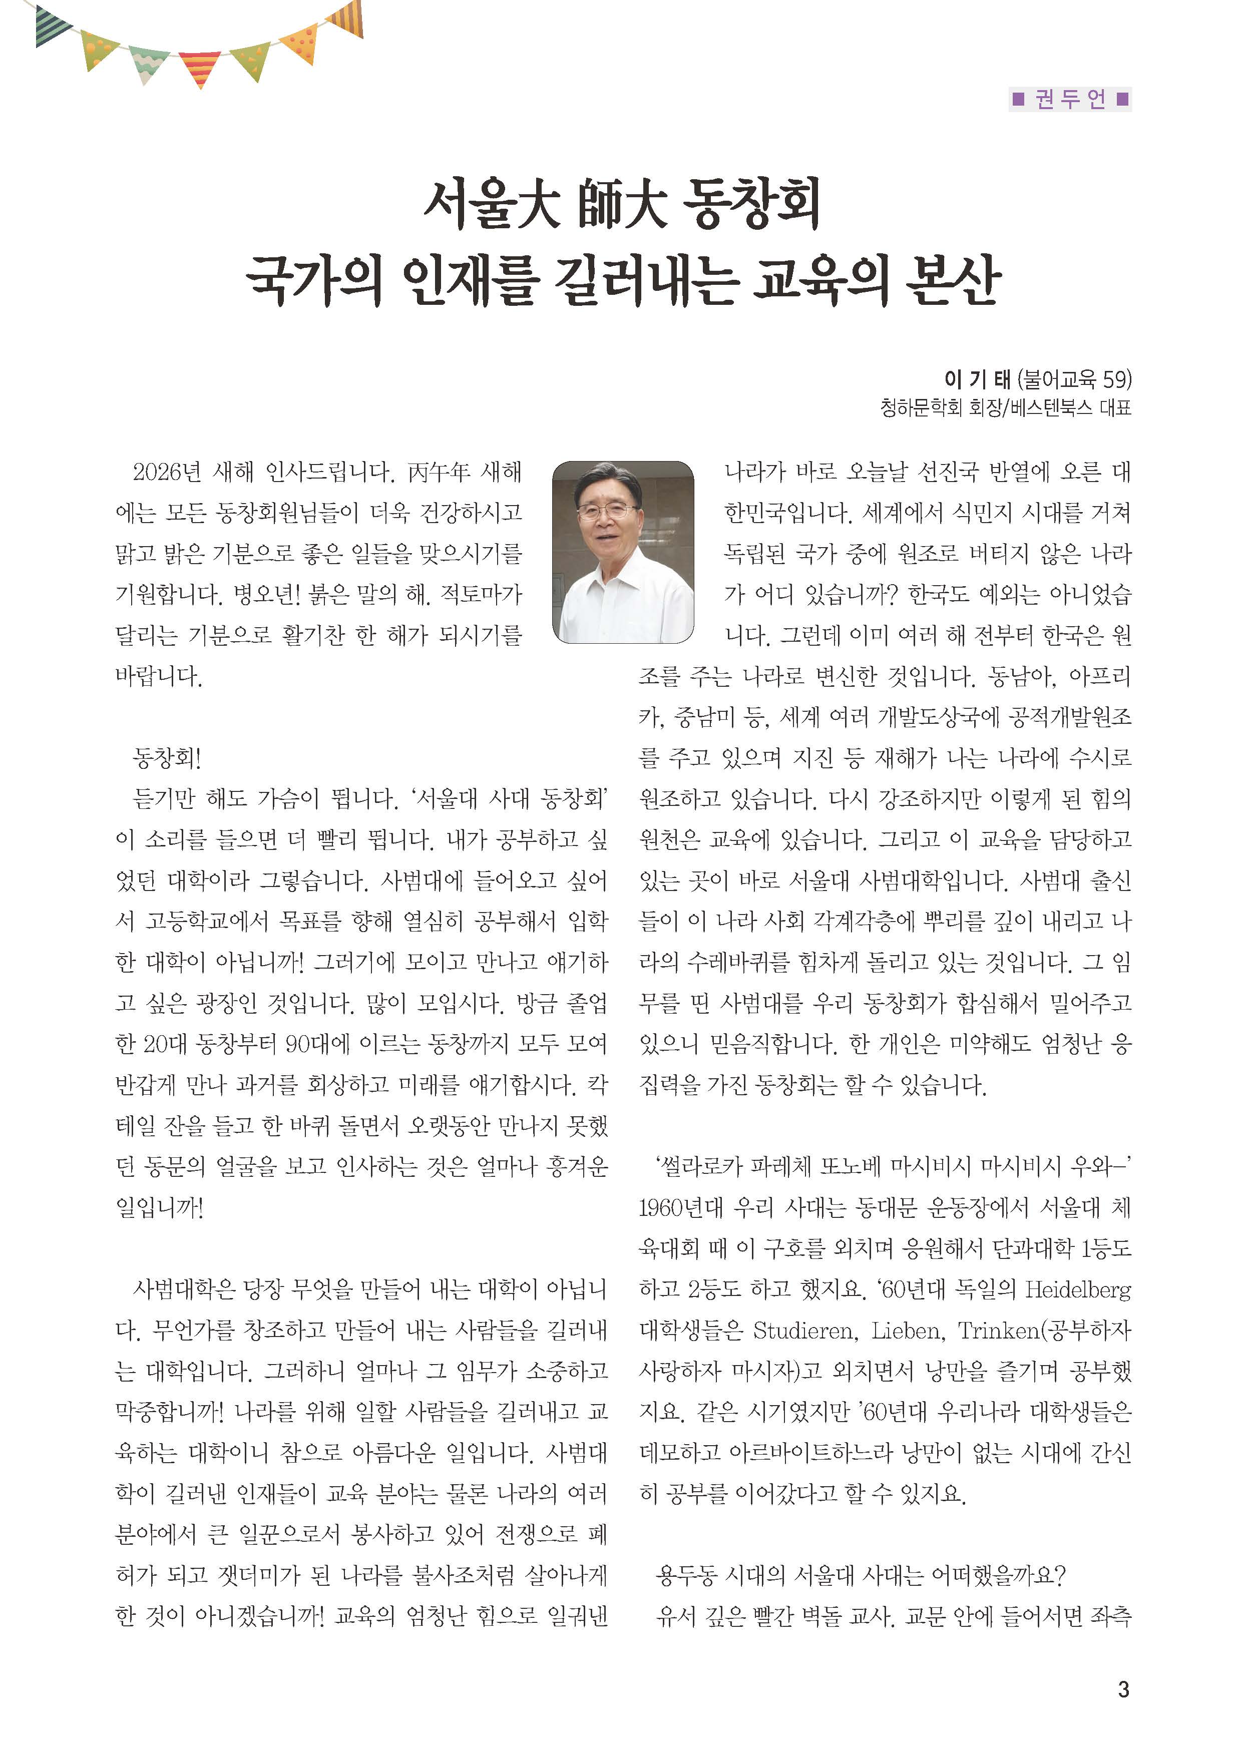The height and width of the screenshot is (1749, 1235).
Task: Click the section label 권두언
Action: click(x=1070, y=99)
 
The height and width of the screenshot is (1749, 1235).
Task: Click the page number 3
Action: click(x=1123, y=1689)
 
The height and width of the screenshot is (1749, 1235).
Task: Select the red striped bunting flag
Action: click(x=200, y=68)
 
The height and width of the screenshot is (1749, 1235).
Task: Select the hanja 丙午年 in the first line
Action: click(x=440, y=473)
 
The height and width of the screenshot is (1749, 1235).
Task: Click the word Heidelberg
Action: click(x=1077, y=1289)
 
